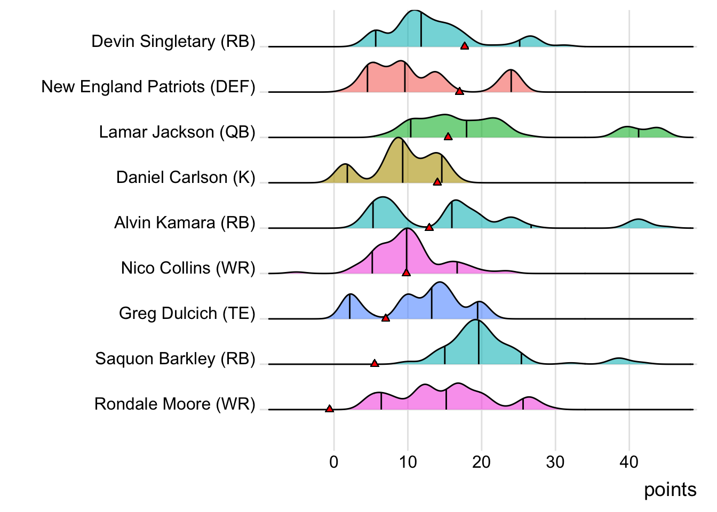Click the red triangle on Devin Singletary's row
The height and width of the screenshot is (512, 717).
coord(465,46)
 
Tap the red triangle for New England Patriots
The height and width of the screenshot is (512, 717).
coord(459,92)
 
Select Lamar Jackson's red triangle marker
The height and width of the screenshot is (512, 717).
coord(448,137)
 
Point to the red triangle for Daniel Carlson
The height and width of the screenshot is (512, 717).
coord(437,182)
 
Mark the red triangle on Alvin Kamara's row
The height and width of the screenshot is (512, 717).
coord(429,228)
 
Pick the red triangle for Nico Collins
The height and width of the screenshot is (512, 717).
coord(406,273)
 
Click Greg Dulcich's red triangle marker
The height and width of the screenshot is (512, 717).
coord(386,318)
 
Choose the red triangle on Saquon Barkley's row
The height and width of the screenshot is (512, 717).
coord(375,364)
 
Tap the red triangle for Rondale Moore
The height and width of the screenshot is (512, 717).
coord(329,409)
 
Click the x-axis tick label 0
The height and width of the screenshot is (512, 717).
coord(334,462)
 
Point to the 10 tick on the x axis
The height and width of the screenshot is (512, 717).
coord(408,462)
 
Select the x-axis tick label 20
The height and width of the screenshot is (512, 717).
coord(481,462)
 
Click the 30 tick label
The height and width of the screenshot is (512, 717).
coord(555,462)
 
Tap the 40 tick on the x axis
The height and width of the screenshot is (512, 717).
coord(629,462)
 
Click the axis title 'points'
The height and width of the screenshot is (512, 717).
coord(670,490)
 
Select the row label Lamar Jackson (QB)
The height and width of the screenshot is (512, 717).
coord(177,132)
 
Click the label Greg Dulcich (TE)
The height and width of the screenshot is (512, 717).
coord(187,313)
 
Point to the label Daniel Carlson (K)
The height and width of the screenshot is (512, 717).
coord(186,177)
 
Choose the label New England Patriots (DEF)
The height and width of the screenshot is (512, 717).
coord(148,86)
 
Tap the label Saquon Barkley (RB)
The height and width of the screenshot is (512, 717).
coord(175,358)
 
